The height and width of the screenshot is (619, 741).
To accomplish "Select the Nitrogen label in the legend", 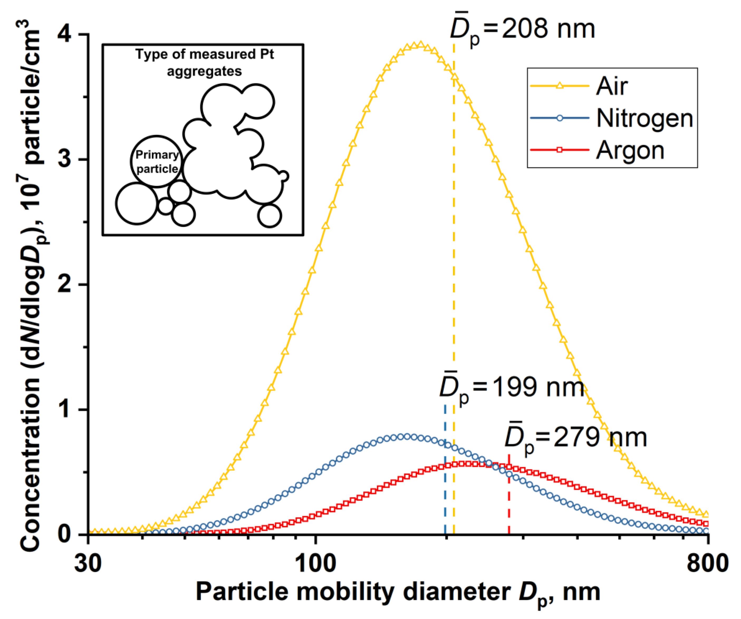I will click(x=644, y=118).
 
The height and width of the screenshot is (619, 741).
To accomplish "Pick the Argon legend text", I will click(x=630, y=151).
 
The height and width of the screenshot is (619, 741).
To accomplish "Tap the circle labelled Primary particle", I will click(x=157, y=161).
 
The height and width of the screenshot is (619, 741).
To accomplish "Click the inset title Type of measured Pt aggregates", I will click(x=204, y=63).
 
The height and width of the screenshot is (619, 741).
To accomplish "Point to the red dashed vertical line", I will click(x=509, y=502).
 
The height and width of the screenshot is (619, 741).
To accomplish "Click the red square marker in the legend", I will click(x=559, y=150).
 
